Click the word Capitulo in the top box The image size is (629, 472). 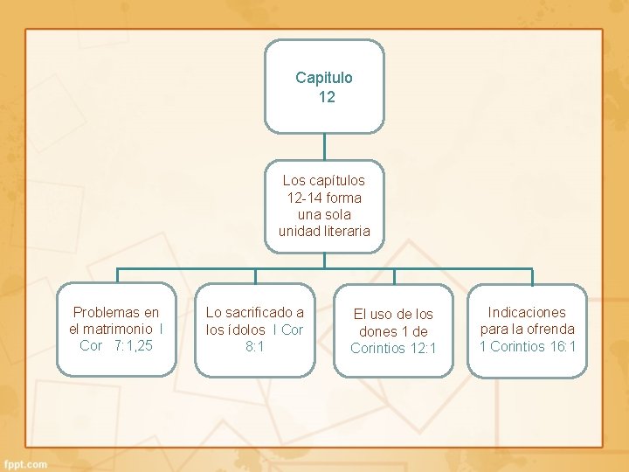pyautogui.click(x=324, y=78)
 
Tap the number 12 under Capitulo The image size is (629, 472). pyautogui.click(x=327, y=97)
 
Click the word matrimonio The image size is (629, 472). pyautogui.click(x=109, y=329)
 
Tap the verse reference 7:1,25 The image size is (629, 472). pyautogui.click(x=133, y=345)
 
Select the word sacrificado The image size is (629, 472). pyautogui.click(x=265, y=312)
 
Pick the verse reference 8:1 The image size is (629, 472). pyautogui.click(x=255, y=346)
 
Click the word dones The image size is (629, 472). pyautogui.click(x=377, y=331)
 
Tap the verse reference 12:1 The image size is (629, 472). pyautogui.click(x=422, y=348)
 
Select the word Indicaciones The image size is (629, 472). pyautogui.click(x=527, y=312)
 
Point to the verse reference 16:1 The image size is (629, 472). pyautogui.click(x=563, y=346)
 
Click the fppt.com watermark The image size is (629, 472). pyautogui.click(x=25, y=464)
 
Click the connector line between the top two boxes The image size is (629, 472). pyautogui.click(x=324, y=146)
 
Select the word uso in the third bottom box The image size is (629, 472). pyautogui.click(x=382, y=314)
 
